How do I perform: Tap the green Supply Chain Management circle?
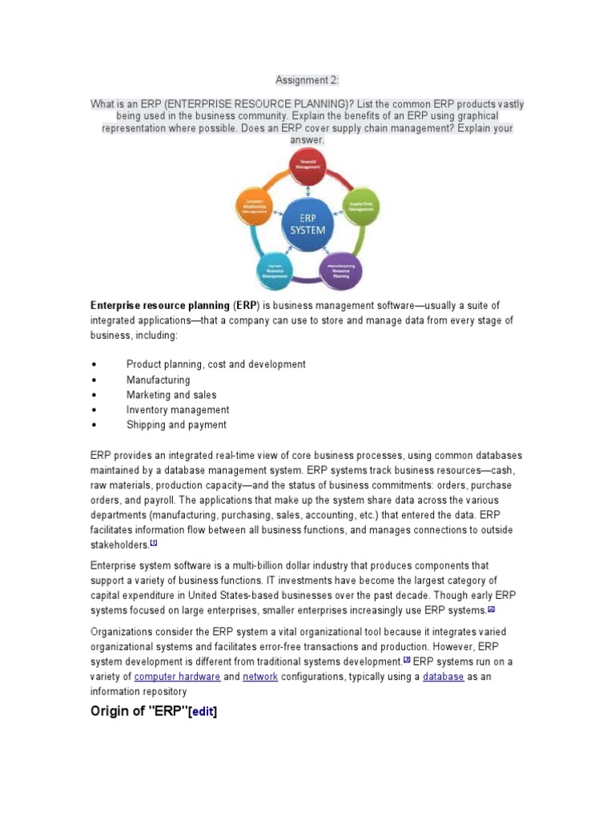click(x=360, y=205)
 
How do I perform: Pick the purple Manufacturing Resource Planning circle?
click(x=341, y=270)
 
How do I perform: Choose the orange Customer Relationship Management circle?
click(x=255, y=206)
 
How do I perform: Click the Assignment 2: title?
click(x=307, y=80)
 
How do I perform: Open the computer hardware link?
click(x=177, y=677)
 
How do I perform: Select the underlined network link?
click(x=259, y=677)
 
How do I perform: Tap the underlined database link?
click(x=443, y=677)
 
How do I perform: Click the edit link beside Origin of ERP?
click(x=202, y=711)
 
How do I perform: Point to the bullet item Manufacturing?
click(x=158, y=380)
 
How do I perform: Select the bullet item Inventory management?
click(x=177, y=410)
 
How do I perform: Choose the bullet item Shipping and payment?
click(x=176, y=425)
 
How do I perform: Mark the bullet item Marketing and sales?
click(x=171, y=395)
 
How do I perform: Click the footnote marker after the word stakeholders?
click(x=154, y=543)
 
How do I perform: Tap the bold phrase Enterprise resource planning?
click(x=159, y=305)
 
